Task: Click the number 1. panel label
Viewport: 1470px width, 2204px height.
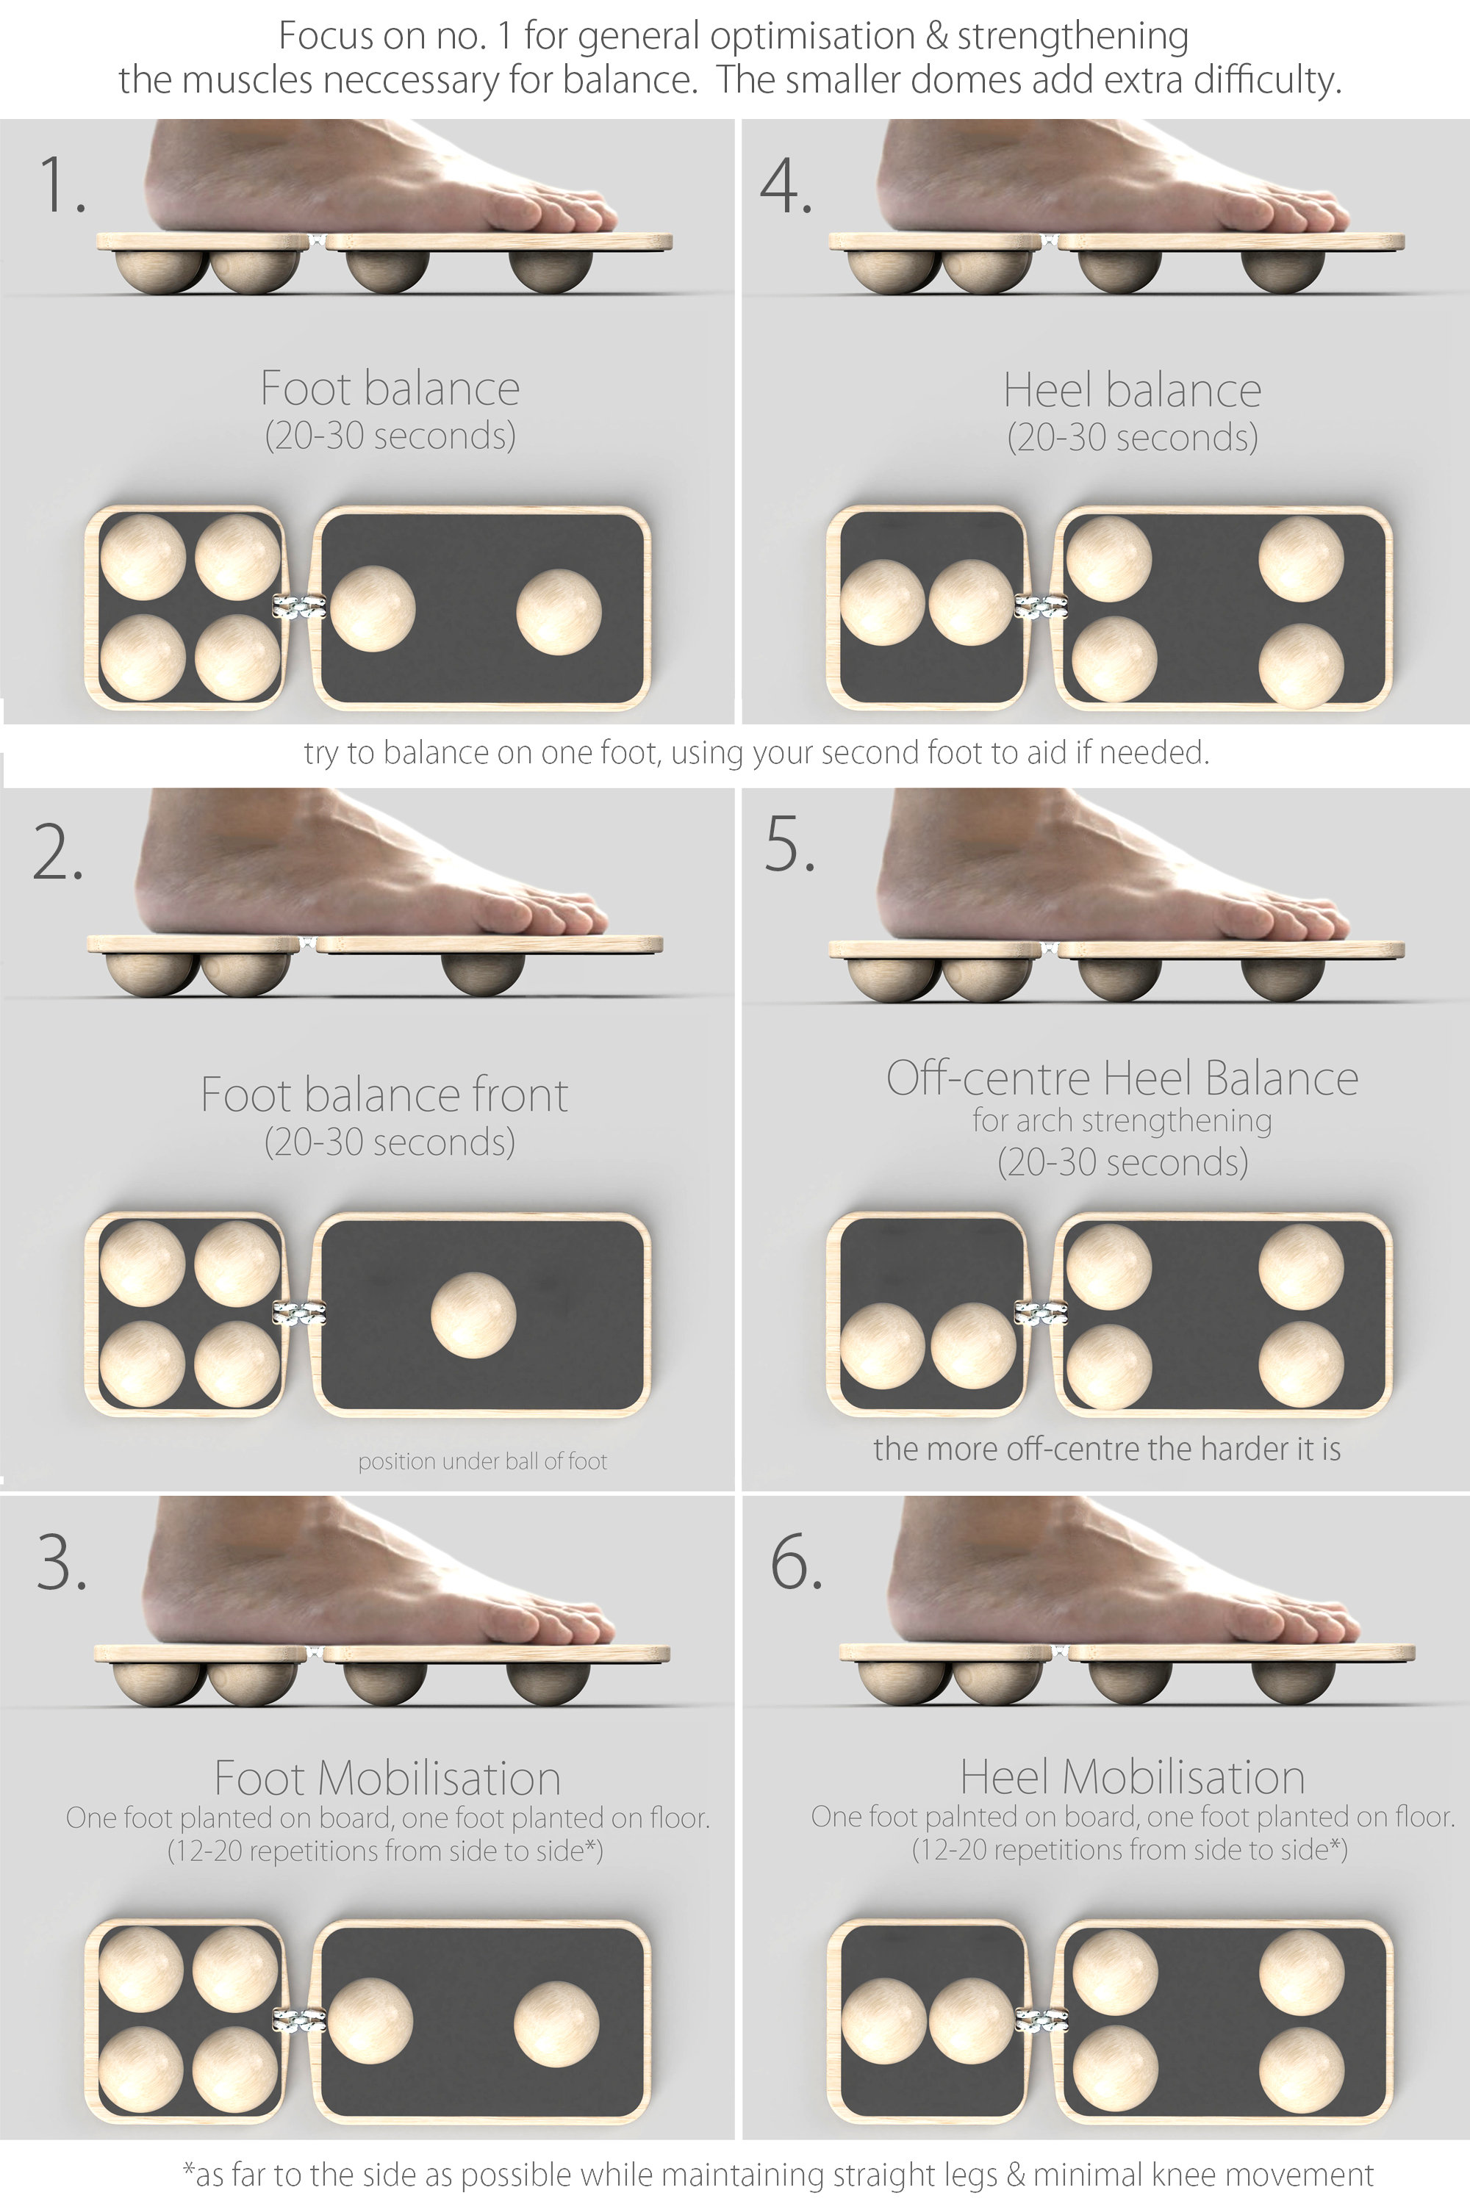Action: [62, 184]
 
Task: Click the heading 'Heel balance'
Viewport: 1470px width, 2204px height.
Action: [1132, 390]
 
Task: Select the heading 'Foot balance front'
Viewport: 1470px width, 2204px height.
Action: [384, 1095]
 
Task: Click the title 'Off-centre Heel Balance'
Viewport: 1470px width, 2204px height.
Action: [1122, 1078]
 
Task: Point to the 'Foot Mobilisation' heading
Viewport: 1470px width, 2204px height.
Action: [387, 1778]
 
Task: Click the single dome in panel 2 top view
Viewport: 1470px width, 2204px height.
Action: [473, 1315]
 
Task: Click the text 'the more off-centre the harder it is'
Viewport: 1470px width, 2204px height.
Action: [1106, 1449]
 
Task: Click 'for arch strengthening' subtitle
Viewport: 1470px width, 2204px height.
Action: [1122, 1121]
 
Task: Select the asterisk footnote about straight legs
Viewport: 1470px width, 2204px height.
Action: [778, 2174]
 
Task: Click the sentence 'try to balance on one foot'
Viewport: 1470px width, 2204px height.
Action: [756, 752]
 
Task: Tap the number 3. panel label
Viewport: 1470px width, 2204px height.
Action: [62, 1562]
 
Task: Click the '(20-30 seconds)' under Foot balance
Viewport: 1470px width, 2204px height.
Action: [390, 436]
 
